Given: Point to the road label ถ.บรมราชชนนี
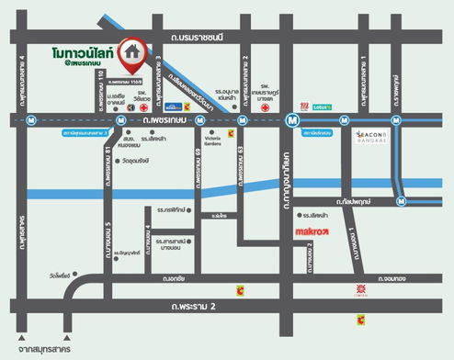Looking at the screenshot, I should (210, 36).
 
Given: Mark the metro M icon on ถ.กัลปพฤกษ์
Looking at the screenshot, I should (399, 200).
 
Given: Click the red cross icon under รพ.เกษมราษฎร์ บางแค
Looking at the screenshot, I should (265, 107).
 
